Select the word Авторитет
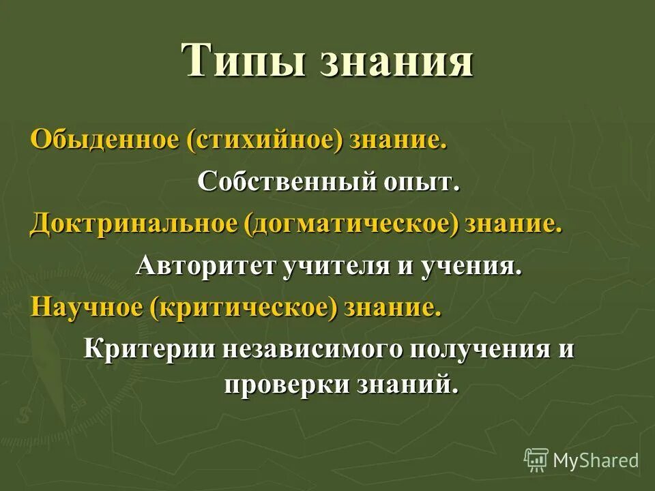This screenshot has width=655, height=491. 205,265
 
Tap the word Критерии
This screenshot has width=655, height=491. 147,348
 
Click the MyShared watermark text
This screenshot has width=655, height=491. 596,460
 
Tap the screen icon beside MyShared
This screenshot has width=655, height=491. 536,460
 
